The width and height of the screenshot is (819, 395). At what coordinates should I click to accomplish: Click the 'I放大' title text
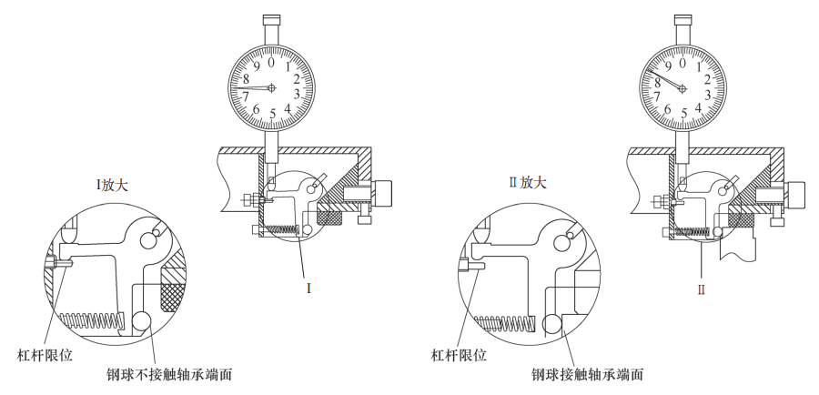111,186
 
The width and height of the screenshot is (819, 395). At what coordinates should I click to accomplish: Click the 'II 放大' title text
528,182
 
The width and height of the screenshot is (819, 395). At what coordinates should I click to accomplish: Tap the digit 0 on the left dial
270,62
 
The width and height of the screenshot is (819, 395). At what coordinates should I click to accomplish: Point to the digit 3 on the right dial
709,95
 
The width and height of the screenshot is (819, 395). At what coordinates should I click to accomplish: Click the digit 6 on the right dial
668,109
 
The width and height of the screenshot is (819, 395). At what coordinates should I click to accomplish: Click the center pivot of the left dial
271,87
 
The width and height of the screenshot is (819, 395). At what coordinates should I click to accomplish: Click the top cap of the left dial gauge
271,20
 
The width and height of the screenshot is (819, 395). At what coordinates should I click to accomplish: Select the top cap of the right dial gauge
682,20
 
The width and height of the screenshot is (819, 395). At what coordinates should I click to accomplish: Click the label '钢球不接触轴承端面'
168,374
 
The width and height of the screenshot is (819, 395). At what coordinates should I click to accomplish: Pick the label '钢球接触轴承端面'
587,374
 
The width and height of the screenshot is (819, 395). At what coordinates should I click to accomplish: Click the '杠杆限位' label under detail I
45,356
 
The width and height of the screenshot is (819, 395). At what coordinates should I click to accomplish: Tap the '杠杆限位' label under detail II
459,356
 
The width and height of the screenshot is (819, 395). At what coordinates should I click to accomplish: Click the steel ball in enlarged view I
141,321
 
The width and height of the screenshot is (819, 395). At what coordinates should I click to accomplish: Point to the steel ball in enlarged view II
551,324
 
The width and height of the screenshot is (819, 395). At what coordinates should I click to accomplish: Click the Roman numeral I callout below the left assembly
308,289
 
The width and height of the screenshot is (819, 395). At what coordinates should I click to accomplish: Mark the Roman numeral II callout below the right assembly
702,289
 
